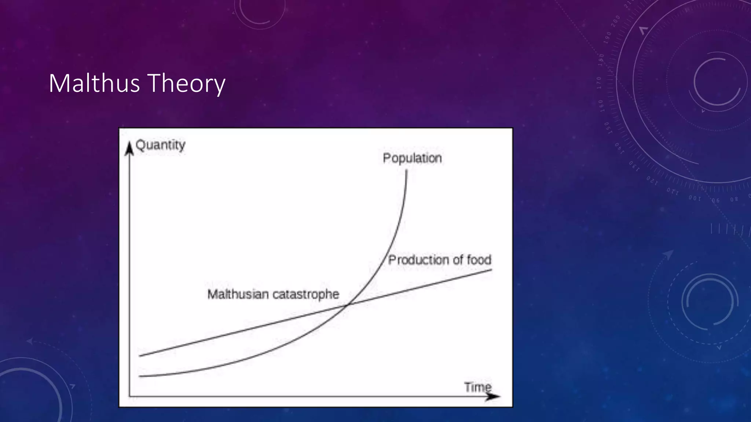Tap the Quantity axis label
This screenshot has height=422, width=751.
160,145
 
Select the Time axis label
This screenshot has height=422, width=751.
477,387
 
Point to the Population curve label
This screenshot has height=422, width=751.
412,158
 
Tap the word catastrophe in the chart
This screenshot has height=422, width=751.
306,295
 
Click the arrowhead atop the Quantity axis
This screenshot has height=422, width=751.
129,148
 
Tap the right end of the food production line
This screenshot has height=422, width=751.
491,270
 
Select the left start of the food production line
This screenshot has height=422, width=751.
140,356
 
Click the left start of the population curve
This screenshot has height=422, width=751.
140,376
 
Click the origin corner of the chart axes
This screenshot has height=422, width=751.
129,396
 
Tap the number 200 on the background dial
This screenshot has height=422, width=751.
616,21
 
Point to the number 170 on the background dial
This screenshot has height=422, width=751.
599,83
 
